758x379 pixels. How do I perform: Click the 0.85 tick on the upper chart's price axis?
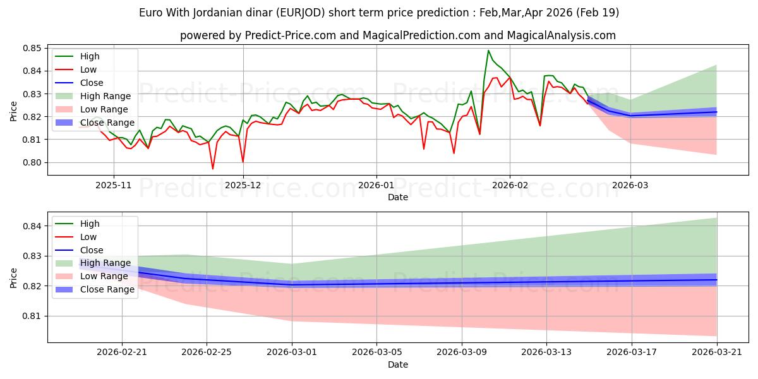click(x=32, y=48)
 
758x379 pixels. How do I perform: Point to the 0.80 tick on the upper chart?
click(x=32, y=162)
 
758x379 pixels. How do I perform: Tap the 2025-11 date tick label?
click(x=113, y=186)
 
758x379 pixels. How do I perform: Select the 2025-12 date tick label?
click(x=243, y=186)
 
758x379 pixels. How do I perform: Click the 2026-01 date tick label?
click(x=376, y=186)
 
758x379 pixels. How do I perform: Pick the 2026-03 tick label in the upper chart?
click(x=630, y=186)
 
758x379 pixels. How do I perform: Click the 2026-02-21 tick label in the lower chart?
click(x=122, y=352)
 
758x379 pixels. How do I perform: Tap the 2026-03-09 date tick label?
click(x=462, y=352)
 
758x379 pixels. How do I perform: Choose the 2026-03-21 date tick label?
click(x=717, y=352)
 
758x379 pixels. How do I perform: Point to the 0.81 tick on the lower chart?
click(x=32, y=316)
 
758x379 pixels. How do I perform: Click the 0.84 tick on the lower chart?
click(x=32, y=226)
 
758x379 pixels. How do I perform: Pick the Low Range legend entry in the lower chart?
click(x=92, y=276)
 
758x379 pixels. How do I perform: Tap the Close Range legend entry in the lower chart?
click(x=95, y=289)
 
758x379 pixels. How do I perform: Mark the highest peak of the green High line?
click(x=488, y=51)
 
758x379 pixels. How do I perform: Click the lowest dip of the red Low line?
click(x=212, y=169)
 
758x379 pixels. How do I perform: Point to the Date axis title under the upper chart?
click(x=398, y=197)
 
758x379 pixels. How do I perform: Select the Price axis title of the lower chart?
click(x=13, y=278)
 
